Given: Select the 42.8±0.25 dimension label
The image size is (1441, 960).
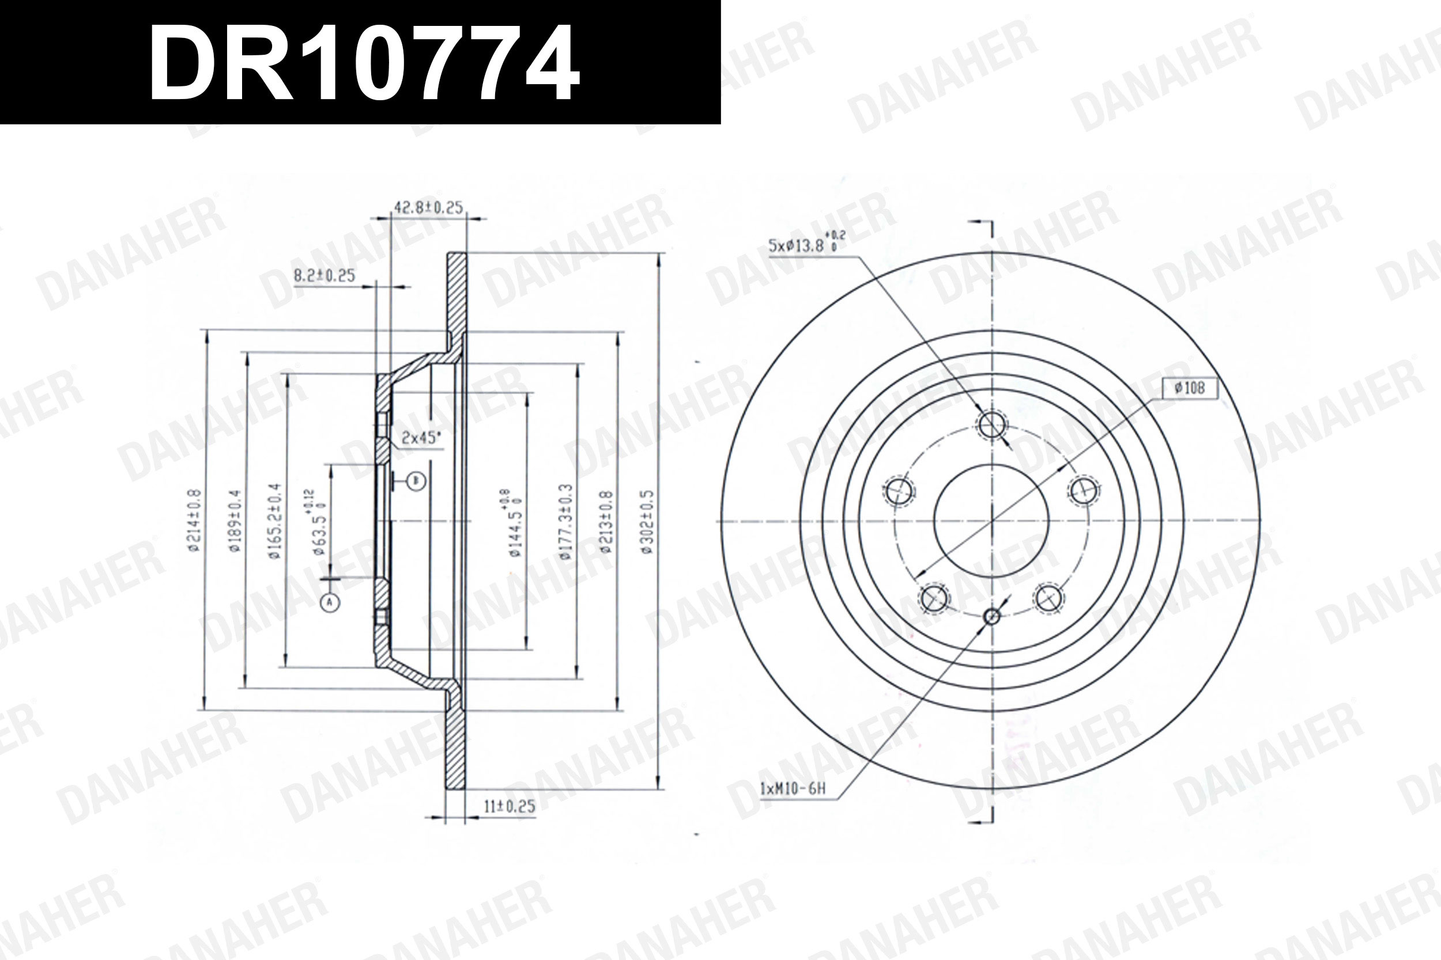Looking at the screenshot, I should [428, 207].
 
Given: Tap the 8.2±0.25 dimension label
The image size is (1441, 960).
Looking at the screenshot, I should [324, 275].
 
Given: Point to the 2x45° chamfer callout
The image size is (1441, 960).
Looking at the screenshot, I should [421, 438].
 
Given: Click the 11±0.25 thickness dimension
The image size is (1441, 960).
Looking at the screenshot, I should [509, 806].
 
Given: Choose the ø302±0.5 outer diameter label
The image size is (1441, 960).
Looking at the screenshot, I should [648, 522].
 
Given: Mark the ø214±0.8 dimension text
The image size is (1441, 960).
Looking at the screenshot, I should [194, 521].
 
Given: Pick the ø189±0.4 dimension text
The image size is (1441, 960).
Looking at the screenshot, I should [235, 521].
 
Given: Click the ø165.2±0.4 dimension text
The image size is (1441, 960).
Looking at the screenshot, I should [274, 521].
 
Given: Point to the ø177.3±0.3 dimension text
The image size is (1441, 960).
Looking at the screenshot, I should [565, 522].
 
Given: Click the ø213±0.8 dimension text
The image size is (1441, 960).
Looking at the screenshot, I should [605, 522].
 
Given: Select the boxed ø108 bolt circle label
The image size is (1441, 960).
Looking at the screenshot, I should [1189, 388].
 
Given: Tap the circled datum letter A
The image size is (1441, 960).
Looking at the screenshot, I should [330, 602].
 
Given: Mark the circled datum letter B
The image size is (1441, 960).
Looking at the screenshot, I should [417, 481].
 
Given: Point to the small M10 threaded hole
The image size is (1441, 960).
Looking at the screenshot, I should [991, 616].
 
